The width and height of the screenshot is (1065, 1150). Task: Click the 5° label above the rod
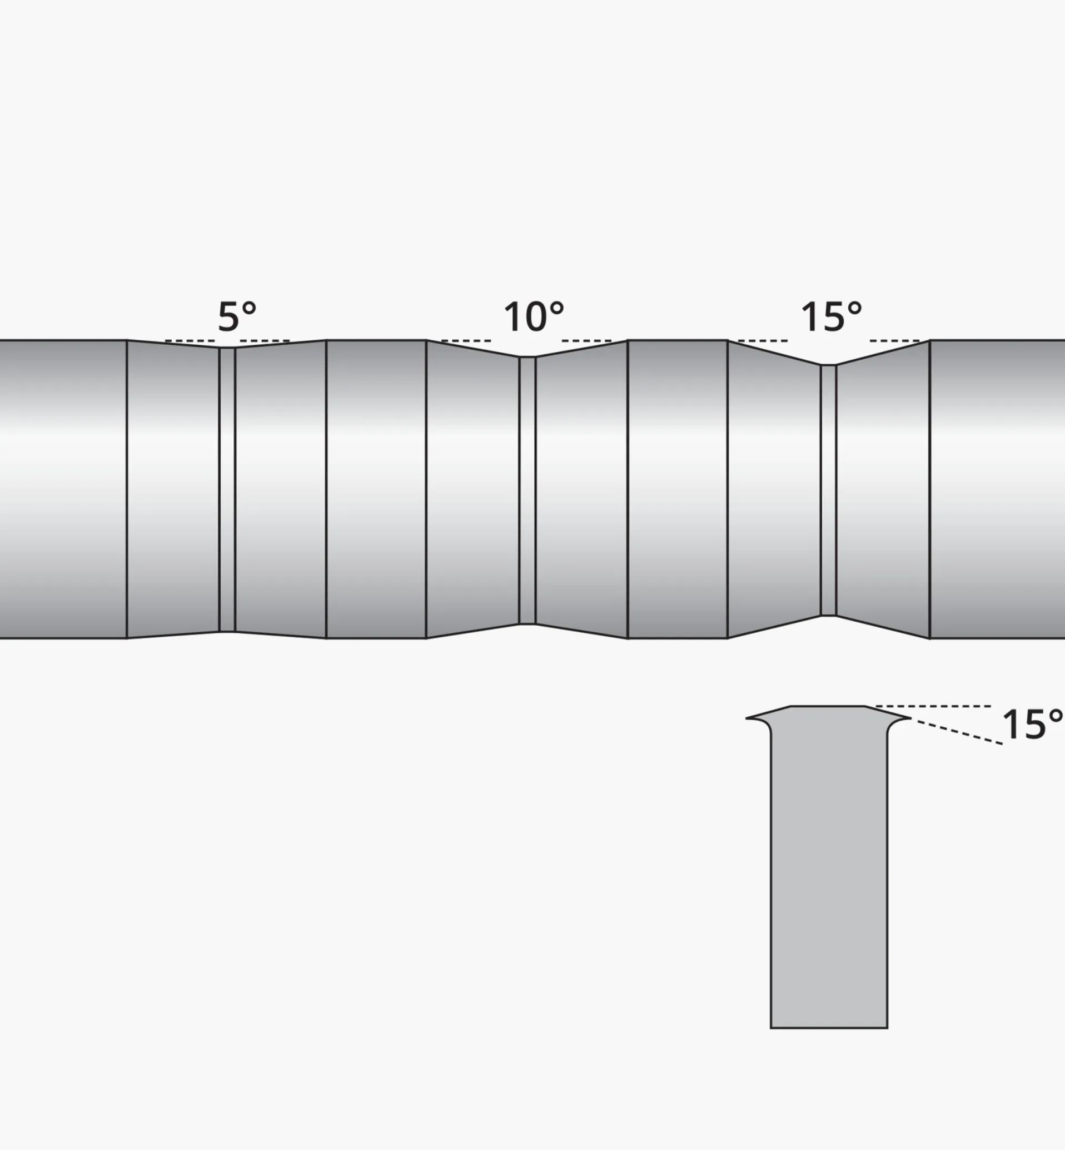(237, 316)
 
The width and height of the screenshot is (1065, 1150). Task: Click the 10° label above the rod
(534, 316)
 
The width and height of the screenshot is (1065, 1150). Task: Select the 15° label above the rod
(831, 316)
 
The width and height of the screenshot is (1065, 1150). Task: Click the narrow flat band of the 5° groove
(227, 490)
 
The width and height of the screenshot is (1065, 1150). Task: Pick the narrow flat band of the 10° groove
(527, 490)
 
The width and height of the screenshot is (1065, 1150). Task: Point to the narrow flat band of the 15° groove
(828, 490)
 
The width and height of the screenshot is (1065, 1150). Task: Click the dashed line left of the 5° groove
(190, 341)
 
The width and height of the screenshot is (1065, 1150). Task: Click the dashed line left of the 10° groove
(466, 341)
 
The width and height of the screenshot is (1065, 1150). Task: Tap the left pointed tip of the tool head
(748, 718)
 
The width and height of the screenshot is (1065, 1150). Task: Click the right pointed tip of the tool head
(909, 718)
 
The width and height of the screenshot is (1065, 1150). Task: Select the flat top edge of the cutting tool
(828, 706)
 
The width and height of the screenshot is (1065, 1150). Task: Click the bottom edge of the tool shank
(829, 1027)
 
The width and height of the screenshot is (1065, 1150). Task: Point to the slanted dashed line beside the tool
(959, 732)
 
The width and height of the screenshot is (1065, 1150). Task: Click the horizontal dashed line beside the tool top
(934, 706)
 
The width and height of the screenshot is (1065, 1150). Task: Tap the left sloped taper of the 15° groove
(774, 490)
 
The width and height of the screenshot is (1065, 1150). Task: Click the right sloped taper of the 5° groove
(281, 490)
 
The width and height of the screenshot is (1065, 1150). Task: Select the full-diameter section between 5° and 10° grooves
(376, 490)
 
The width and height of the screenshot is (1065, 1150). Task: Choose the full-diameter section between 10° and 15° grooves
(677, 490)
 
